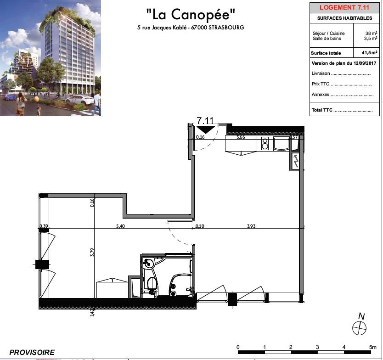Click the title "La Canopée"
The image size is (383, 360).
[x=191, y=14]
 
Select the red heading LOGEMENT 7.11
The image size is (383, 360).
[x=344, y=7]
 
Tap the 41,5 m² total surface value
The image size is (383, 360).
[x=369, y=52]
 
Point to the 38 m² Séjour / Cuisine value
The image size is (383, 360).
[x=371, y=33]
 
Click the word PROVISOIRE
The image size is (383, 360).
[x=32, y=352]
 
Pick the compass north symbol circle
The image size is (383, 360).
[x=359, y=328]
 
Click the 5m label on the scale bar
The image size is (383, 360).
[x=373, y=347]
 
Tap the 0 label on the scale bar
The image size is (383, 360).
[x=238, y=347]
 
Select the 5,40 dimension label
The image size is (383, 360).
[x=120, y=226]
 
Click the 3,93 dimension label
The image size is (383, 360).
[x=251, y=226]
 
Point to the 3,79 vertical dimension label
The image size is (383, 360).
[x=92, y=252]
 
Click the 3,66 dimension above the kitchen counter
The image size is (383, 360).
[x=241, y=137]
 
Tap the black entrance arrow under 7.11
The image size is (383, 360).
[x=206, y=129]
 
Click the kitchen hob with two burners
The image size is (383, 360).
[x=265, y=143]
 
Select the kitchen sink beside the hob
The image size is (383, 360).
[x=281, y=143]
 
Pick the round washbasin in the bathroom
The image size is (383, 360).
[x=148, y=264]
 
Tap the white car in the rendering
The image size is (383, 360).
[x=79, y=100]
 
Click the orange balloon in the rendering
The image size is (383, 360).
[x=36, y=99]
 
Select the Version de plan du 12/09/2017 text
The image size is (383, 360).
[x=344, y=63]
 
